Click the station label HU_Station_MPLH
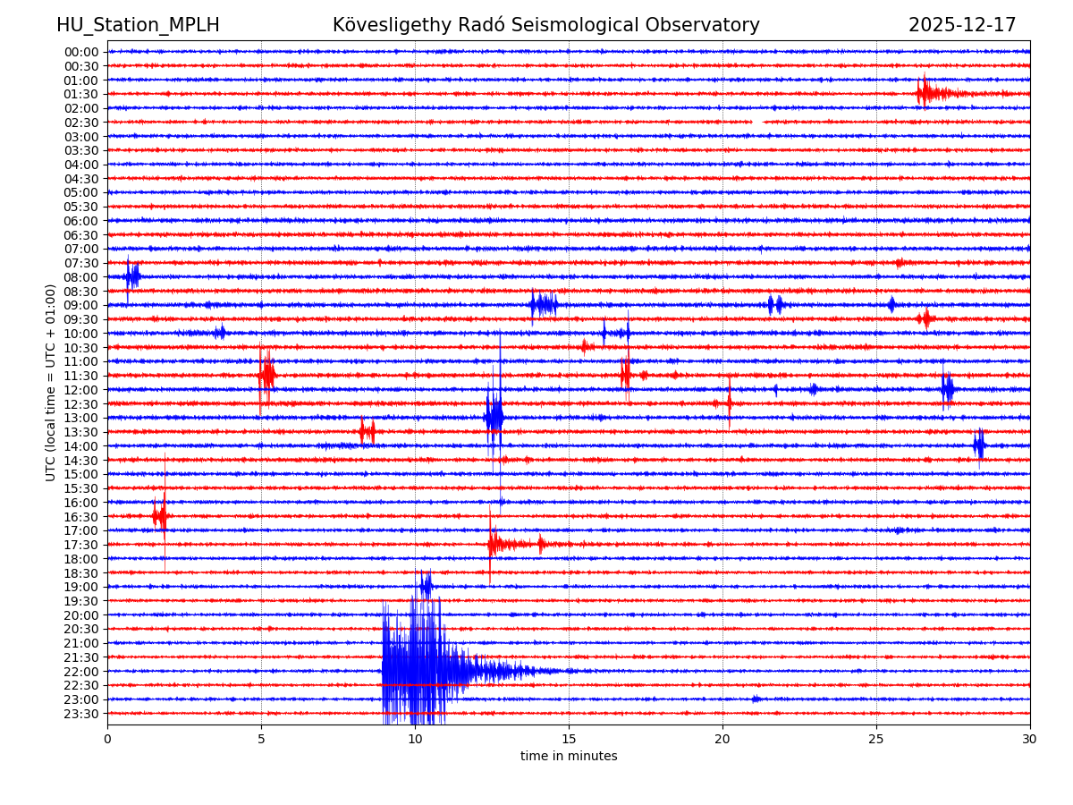click(138, 25)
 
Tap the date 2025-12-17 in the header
click(962, 25)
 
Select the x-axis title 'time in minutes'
click(569, 756)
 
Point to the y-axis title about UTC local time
click(51, 382)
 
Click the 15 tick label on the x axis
click(569, 739)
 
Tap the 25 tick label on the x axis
click(876, 739)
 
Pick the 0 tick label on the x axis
click(107, 739)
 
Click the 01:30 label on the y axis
click(81, 94)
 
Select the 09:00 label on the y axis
click(81, 305)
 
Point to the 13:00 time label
click(81, 418)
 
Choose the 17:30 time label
click(81, 545)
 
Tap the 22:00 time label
click(81, 671)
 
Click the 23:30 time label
click(81, 713)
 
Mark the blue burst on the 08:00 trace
click(132, 276)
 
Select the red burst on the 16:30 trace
click(160, 516)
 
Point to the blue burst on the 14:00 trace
click(979, 445)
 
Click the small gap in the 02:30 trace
click(756, 122)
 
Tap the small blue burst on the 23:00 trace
click(756, 699)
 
